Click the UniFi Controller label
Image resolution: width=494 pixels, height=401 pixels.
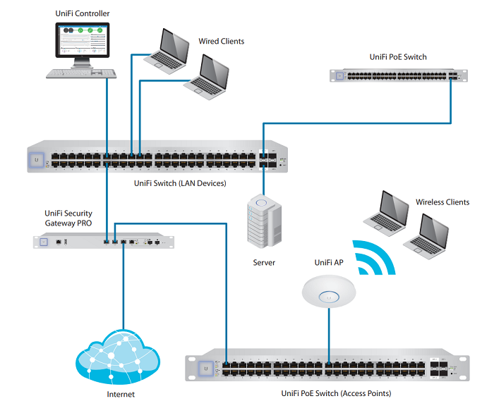click(x=82, y=13)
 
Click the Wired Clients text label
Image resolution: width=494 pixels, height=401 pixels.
click(x=221, y=42)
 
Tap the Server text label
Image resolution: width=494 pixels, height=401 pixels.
click(x=263, y=263)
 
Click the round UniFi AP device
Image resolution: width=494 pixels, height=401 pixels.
click(x=328, y=292)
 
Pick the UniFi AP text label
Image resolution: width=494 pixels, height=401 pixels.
click(x=329, y=263)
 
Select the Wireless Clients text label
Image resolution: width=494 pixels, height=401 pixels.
click(x=442, y=202)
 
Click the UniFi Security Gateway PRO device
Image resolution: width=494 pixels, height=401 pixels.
click(x=103, y=242)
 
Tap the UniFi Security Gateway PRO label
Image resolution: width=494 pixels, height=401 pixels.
click(x=68, y=218)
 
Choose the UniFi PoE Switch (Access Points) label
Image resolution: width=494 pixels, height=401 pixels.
click(x=336, y=393)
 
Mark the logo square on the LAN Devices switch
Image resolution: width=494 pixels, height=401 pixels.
click(x=36, y=160)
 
